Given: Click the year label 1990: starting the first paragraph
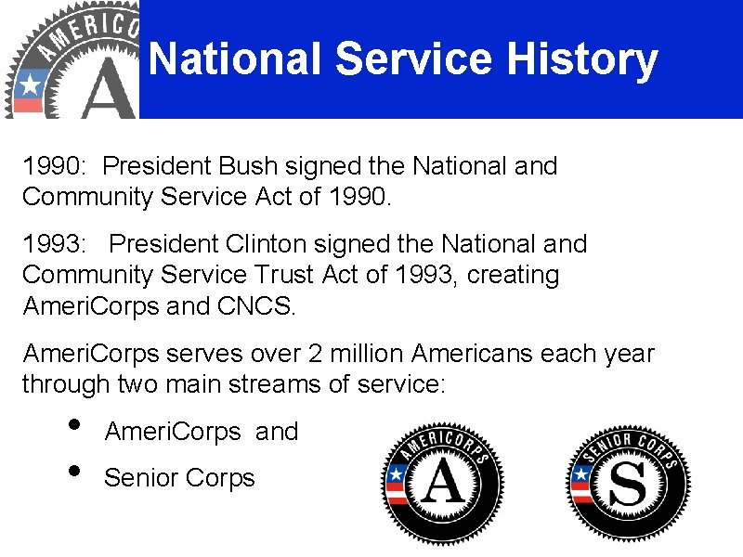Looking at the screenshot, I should click(x=55, y=167).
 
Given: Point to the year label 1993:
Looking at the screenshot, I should click(x=55, y=244).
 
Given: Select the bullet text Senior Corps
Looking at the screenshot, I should click(x=179, y=478).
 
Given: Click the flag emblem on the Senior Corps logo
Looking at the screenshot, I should click(x=581, y=483).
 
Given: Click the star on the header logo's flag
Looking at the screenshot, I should click(x=30, y=84).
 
